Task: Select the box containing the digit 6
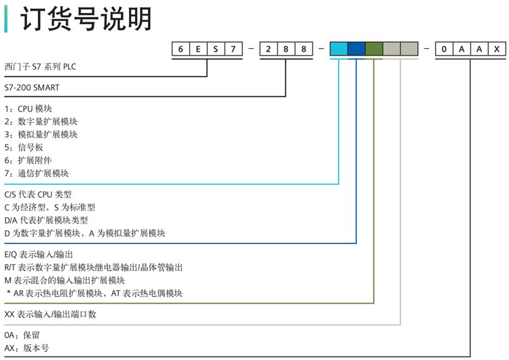(x=182, y=49)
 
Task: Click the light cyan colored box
(x=339, y=49)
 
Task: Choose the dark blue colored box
(x=356, y=49)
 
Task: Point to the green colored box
(x=374, y=49)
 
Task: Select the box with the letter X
(x=497, y=49)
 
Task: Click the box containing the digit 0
(x=445, y=49)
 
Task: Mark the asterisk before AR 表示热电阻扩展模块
(x=9, y=293)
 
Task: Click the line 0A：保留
(x=23, y=336)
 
